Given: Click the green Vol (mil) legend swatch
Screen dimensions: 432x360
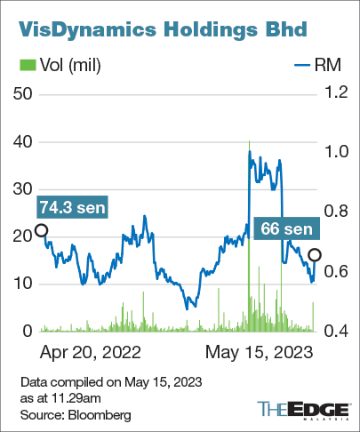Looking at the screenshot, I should coord(27,65).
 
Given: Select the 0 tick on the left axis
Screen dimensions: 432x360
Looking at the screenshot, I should coord(28,331).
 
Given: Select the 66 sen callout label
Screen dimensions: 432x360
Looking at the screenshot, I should coord(284,228).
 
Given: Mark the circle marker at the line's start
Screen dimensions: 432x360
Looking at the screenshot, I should coord(41,231).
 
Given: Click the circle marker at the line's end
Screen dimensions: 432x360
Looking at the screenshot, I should coord(315,255).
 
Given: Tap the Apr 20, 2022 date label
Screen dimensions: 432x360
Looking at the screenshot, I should coord(91,352).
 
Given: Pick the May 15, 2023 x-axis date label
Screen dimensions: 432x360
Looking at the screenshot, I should coord(260,352).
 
